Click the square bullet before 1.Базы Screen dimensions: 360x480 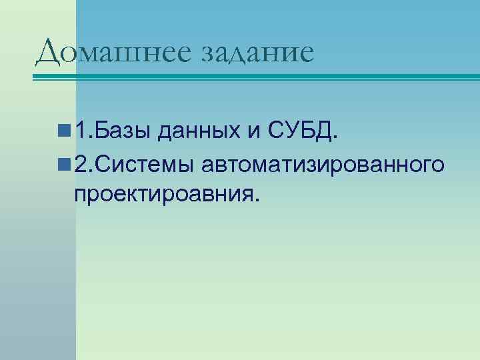(65, 129)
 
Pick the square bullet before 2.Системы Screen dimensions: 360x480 (65, 164)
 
